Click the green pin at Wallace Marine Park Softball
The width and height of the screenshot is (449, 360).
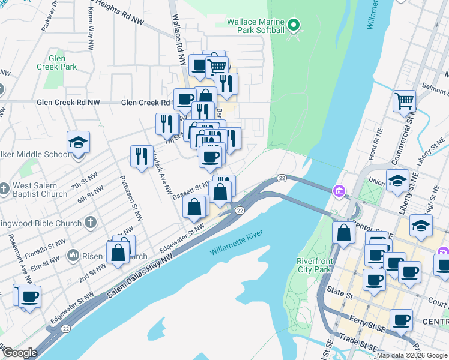coord(294,25)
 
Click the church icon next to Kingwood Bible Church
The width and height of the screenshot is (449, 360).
coord(91,223)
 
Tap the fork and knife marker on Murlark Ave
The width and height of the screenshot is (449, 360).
coord(142,156)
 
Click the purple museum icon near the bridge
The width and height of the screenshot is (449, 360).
coord(340,191)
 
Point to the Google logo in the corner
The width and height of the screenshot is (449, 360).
coord(20,353)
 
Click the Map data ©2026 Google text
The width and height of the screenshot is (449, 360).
coord(412,355)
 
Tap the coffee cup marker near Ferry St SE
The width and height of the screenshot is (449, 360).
coord(401,320)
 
